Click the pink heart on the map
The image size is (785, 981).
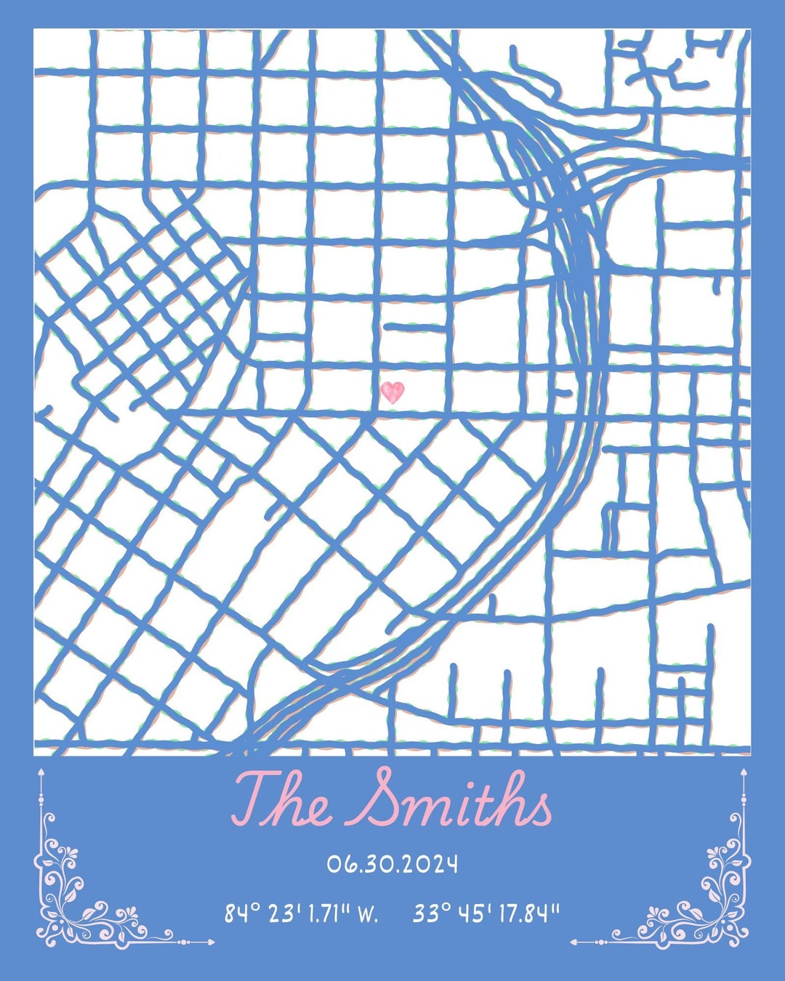(392, 392)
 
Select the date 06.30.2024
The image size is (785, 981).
(392, 865)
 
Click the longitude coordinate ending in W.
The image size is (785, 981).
(301, 913)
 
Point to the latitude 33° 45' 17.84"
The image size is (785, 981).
(486, 913)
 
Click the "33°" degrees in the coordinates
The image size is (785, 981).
(431, 913)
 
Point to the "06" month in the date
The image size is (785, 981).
(339, 865)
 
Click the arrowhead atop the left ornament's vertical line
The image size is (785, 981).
(41, 772)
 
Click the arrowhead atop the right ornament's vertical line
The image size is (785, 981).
(744, 772)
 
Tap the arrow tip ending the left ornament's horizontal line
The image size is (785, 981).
(212, 942)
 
